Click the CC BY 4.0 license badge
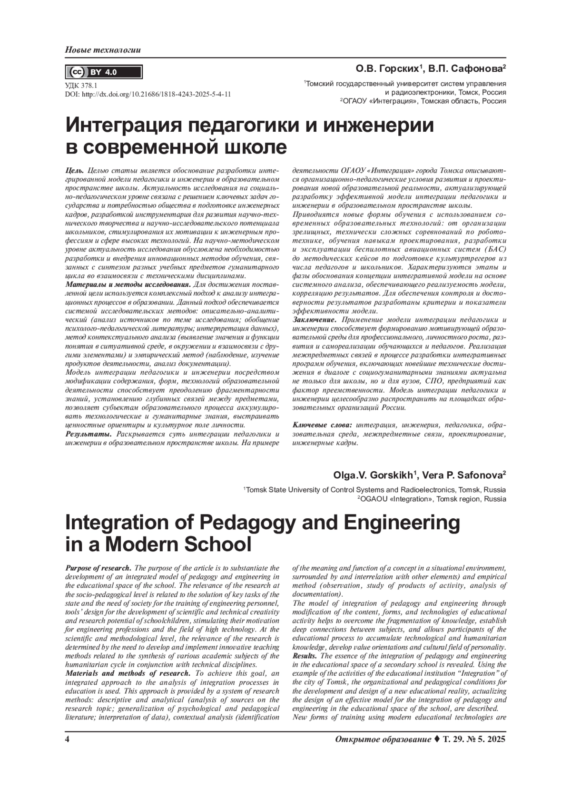pyautogui.click(x=103, y=72)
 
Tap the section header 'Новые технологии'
pyautogui.click(x=103, y=50)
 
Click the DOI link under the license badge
pyautogui.click(x=148, y=94)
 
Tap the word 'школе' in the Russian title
pyautogui.click(x=255, y=147)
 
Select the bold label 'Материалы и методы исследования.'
pyautogui.click(x=128, y=284)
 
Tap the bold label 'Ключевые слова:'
pyautogui.click(x=322, y=425)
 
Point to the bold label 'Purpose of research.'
pyautogui.click(x=98, y=568)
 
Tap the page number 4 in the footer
pyautogui.click(x=67, y=739)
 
